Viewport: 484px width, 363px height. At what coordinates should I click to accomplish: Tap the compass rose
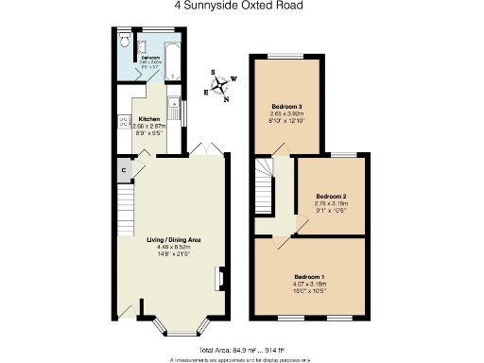click(x=220, y=87)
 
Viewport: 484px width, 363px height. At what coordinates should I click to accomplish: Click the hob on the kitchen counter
click(x=124, y=121)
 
